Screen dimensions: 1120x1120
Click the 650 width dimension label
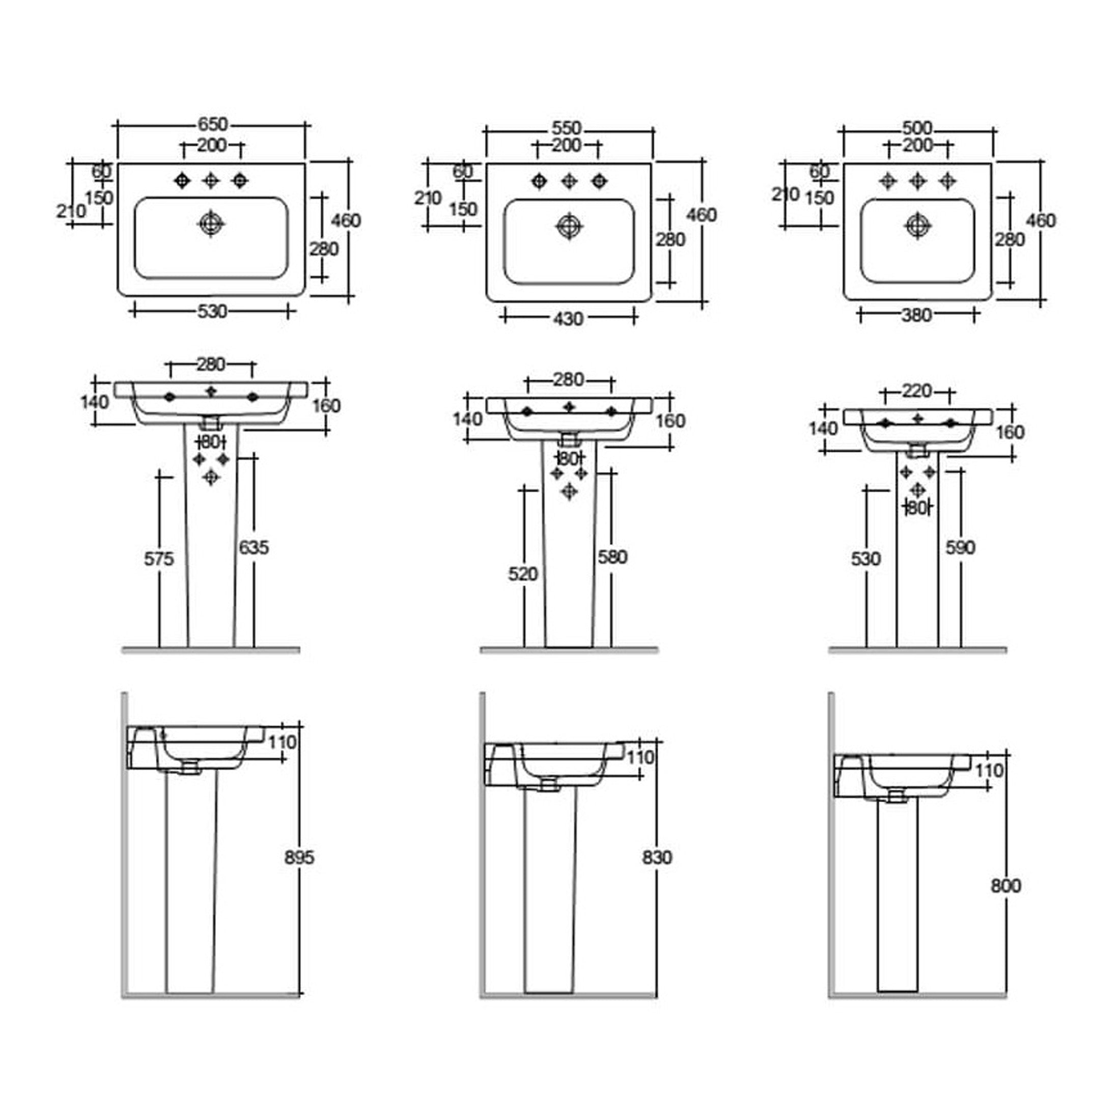tap(213, 125)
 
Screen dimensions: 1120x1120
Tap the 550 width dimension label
tap(567, 129)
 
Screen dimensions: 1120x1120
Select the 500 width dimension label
tap(917, 128)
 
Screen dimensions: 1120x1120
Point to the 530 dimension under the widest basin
tap(212, 312)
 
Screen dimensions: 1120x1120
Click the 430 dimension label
tap(568, 319)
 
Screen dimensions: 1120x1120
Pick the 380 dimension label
tap(916, 315)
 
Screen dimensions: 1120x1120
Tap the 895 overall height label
tap(299, 857)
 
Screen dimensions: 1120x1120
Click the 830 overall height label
tap(657, 857)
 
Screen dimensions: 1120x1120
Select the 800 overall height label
tap(1006, 886)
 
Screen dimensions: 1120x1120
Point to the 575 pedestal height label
tap(159, 559)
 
